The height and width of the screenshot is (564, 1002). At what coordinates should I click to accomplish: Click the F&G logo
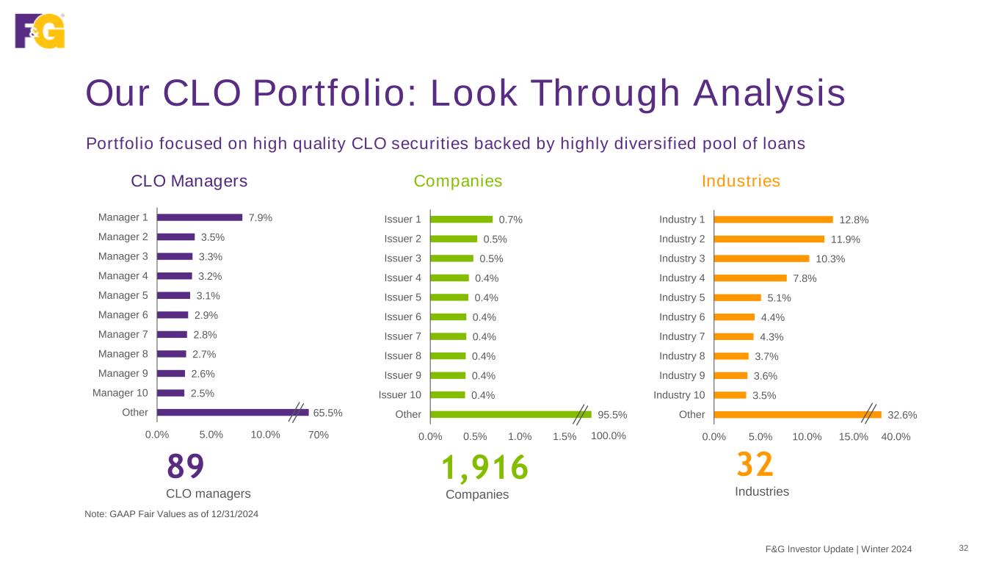40,31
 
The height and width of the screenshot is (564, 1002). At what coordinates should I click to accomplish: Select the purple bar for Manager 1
200,217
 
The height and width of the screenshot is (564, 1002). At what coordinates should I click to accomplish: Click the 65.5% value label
328,413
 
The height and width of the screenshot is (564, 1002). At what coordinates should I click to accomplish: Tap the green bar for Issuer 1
461,219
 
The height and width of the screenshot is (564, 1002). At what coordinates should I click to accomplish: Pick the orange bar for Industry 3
761,258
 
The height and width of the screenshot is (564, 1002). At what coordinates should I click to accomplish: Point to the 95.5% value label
612,415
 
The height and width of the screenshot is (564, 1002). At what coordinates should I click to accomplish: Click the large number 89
185,466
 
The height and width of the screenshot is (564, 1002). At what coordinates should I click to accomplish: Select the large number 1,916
484,468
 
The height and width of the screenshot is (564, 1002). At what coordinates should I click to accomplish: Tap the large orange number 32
755,465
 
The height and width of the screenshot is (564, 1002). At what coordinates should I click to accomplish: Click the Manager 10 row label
120,393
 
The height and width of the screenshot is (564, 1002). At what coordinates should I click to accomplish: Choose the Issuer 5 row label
402,297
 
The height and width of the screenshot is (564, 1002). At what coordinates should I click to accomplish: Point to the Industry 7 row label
682,336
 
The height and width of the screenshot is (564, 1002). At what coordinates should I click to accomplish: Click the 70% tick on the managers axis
318,435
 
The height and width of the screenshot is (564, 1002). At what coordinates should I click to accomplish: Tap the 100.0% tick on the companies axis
609,435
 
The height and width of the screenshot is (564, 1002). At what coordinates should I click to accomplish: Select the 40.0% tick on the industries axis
896,436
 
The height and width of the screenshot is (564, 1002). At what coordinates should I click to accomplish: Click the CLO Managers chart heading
189,181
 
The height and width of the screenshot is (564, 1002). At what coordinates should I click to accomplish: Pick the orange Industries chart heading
741,181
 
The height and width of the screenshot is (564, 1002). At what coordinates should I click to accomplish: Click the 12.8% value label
854,220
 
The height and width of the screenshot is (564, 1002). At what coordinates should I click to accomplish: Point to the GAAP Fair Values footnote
172,514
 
